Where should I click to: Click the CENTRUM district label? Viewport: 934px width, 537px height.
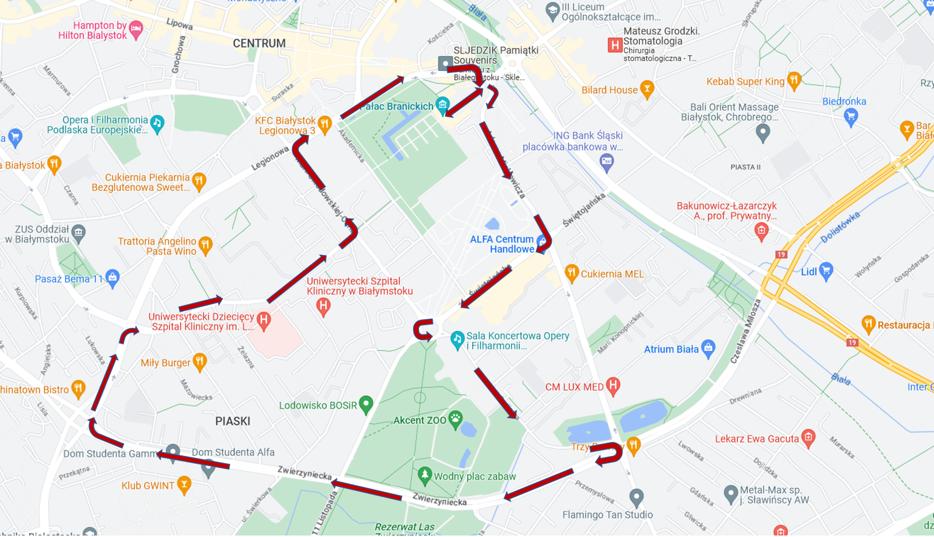259,43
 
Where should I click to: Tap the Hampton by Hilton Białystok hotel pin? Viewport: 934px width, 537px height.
135,29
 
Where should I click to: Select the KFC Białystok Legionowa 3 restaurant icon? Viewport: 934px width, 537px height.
325,124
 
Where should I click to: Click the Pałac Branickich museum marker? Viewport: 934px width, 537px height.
442,104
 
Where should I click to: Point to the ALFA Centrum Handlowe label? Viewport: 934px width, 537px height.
502,244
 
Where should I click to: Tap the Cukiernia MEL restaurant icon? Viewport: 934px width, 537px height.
572,272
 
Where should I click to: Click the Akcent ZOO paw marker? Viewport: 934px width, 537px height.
455,419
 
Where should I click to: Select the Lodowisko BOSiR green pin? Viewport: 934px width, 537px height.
366,404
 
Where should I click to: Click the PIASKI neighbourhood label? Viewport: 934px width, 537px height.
233,421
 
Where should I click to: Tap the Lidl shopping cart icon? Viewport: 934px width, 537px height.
826,270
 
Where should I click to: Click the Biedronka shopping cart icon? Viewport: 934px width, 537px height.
850,116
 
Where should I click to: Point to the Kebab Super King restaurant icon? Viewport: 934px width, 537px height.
794,80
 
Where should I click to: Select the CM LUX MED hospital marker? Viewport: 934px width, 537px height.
613,385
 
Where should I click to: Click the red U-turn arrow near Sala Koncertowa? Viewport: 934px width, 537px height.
424,331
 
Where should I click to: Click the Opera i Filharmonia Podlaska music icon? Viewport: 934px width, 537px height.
157,123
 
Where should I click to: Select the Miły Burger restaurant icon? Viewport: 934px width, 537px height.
199,361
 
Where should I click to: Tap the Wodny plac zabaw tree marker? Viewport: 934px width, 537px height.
424,475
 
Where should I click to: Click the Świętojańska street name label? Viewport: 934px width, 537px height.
584,210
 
